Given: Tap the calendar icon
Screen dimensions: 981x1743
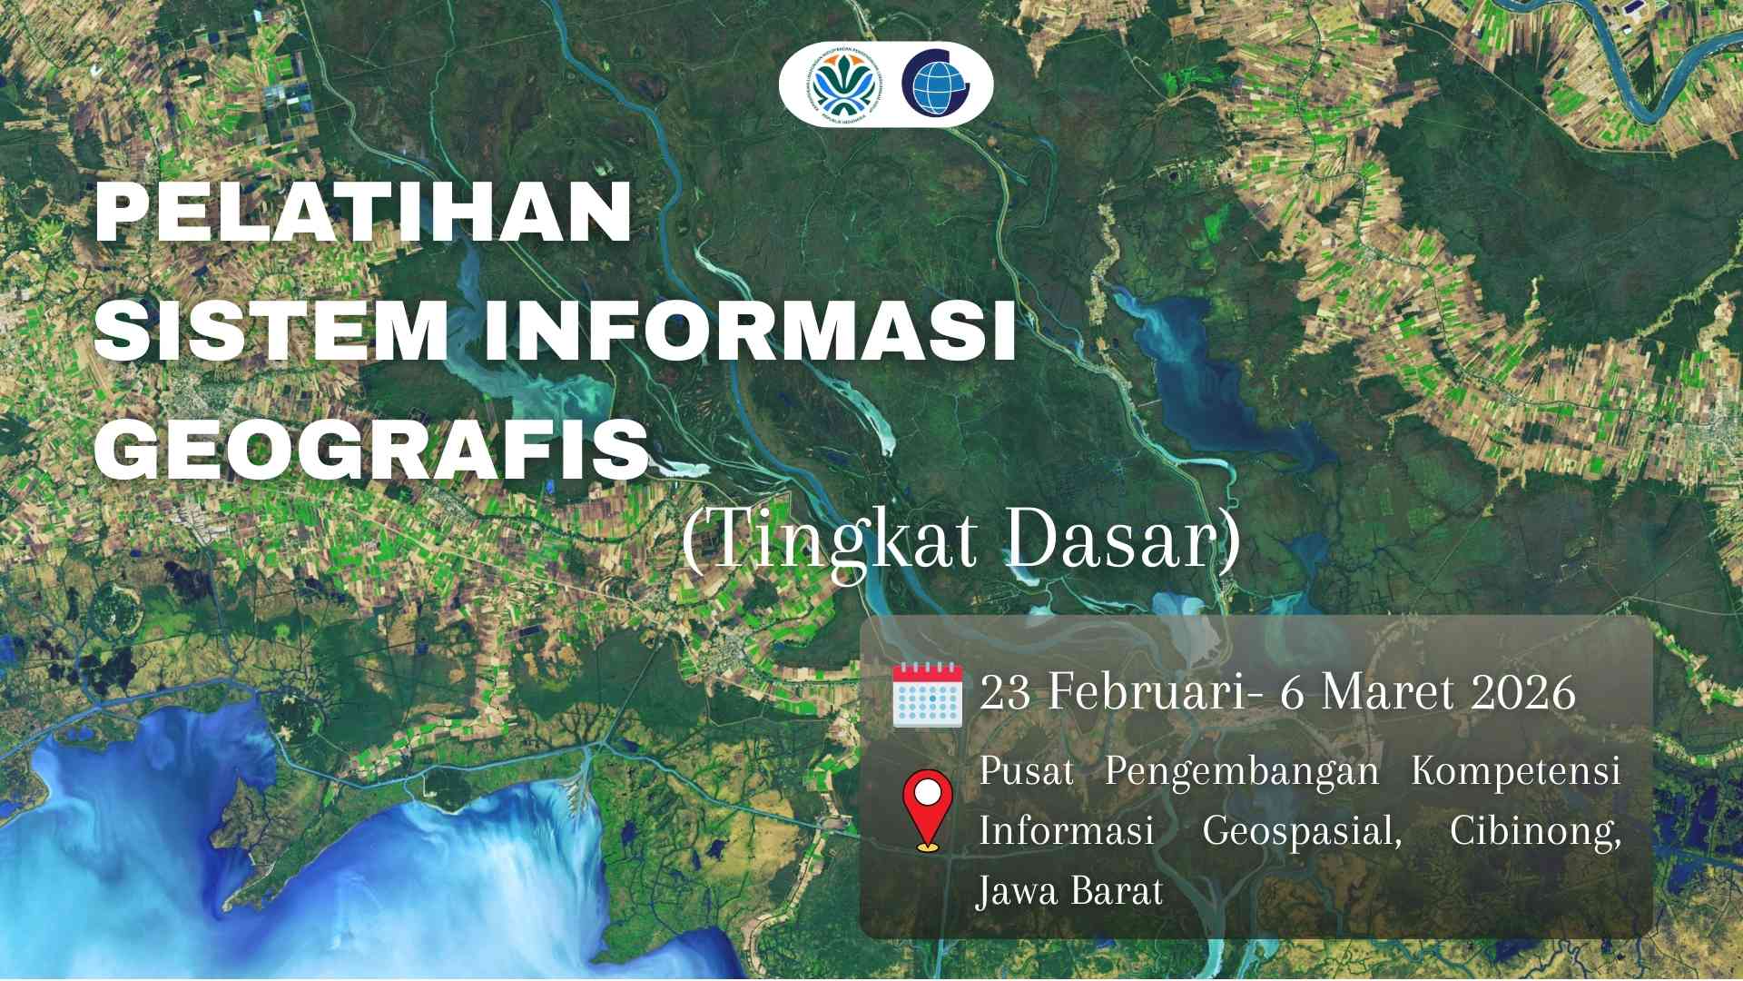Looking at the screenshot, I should (x=927, y=694).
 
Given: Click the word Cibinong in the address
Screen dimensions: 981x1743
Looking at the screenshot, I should (x=1533, y=831).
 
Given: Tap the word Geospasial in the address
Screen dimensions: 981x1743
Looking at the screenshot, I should (x=1301, y=831).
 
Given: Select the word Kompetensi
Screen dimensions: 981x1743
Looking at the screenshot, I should (x=1515, y=771).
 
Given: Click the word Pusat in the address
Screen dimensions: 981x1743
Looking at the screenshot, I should (x=1026, y=771).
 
